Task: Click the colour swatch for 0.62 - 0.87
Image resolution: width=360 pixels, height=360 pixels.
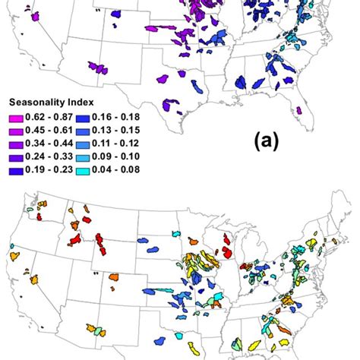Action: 17,117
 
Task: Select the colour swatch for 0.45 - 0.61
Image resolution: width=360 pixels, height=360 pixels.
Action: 17,128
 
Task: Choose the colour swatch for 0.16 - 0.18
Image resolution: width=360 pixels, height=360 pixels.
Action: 84,117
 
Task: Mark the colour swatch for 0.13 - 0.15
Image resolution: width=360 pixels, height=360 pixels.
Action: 84,128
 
